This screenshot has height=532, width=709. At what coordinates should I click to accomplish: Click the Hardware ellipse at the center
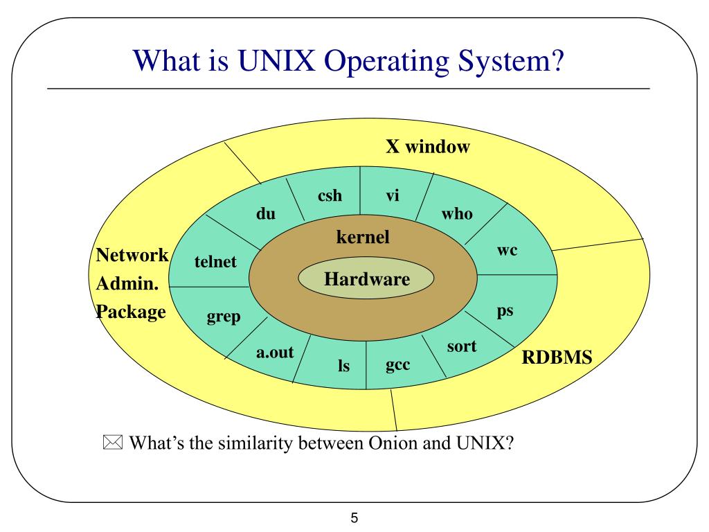[x=366, y=280]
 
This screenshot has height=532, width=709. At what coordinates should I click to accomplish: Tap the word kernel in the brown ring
[x=362, y=238]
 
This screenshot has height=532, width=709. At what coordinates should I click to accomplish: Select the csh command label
[x=330, y=195]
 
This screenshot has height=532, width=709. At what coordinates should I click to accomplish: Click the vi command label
[x=393, y=195]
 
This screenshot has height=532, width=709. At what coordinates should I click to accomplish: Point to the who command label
[x=457, y=213]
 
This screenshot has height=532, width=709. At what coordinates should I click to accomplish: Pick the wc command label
[x=507, y=250]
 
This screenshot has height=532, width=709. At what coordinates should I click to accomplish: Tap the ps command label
[x=505, y=310]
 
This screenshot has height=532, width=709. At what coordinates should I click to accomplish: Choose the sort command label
[x=461, y=346]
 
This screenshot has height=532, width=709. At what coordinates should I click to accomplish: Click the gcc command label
[x=397, y=364]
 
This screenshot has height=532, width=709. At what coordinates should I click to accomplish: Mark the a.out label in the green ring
[x=275, y=352]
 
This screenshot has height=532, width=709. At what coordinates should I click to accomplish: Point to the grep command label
[x=224, y=317]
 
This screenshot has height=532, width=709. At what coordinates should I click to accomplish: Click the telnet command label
[x=215, y=262]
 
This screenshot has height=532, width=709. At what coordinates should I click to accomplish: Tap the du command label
[x=265, y=214]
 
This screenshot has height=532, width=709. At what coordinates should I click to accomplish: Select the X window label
[x=428, y=147]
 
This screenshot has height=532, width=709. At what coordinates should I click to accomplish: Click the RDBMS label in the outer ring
[x=557, y=358]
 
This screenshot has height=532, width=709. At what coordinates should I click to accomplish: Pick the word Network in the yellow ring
[x=132, y=255]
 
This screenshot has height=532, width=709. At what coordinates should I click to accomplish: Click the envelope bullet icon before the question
[x=112, y=443]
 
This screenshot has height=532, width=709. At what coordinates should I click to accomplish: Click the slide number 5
[x=354, y=517]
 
